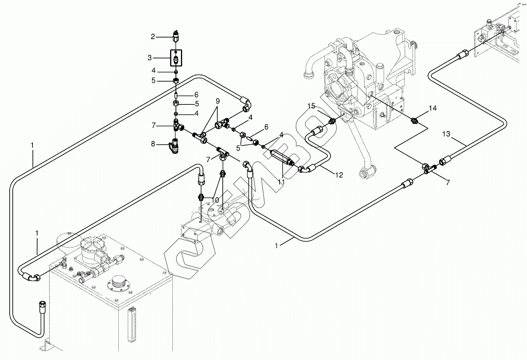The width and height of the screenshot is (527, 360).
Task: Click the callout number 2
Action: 153,37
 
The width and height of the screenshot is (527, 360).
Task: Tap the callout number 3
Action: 150,58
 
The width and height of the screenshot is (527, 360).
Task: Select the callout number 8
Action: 153,144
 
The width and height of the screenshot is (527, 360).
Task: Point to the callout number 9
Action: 218,101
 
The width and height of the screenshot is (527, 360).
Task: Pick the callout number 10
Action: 215,200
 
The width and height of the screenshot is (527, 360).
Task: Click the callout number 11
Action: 281,181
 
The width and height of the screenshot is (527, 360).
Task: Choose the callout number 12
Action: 339,175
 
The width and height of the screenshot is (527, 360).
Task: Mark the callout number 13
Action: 446,134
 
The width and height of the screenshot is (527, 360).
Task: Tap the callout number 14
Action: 432,108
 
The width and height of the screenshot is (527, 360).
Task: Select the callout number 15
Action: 312,106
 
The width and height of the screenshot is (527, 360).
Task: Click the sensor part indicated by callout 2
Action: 176,36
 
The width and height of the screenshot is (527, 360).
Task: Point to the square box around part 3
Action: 176,58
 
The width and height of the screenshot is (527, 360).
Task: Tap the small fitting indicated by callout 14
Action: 414,121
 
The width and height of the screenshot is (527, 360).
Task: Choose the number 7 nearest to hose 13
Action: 448,183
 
